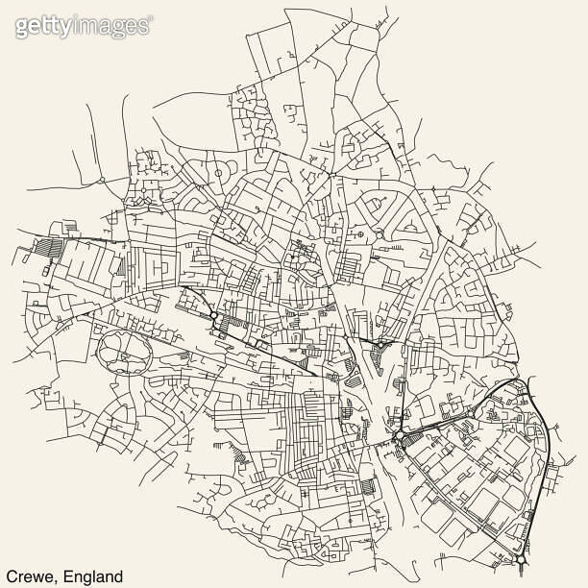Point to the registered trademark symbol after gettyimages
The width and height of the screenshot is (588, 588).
[150, 19]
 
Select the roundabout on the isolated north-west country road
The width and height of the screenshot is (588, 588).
[102, 180]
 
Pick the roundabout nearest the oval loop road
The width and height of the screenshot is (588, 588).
[212, 314]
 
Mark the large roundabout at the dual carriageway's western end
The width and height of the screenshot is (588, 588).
[396, 438]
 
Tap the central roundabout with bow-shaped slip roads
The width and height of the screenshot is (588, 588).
[381, 343]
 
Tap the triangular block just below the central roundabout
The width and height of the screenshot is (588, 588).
[377, 362]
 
